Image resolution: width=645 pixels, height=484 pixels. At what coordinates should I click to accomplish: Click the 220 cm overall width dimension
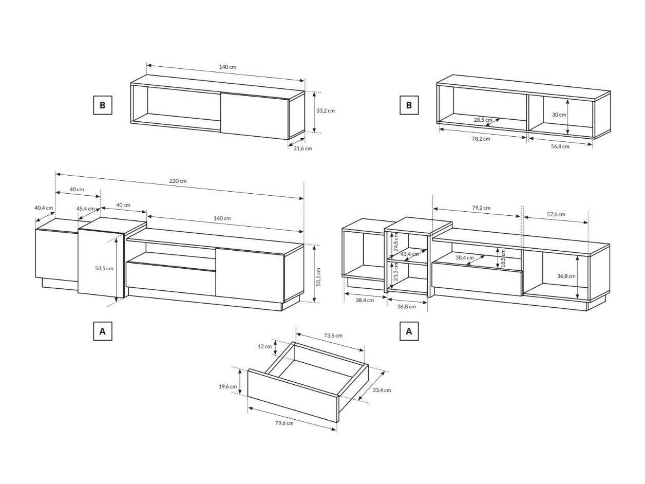[x=178, y=181]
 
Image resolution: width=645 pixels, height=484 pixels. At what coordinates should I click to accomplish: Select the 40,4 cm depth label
[x=44, y=208]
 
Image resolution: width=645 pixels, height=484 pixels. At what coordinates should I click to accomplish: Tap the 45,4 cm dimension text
[x=86, y=209]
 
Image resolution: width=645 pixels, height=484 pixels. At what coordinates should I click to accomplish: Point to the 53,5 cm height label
[x=104, y=268]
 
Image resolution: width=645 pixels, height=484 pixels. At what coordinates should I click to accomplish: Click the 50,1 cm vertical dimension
[x=318, y=277]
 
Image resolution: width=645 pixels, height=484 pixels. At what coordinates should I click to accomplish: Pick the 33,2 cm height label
[x=325, y=110]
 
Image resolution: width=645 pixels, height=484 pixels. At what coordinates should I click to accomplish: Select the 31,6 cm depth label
[x=302, y=148]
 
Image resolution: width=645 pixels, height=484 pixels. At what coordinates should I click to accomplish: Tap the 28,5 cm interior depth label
[x=482, y=120]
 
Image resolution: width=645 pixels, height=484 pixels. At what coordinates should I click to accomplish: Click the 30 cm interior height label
[x=558, y=115]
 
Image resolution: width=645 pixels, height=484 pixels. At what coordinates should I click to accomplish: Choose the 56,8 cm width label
[x=560, y=146]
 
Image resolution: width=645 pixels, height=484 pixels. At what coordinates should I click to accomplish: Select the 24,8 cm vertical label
[x=396, y=241]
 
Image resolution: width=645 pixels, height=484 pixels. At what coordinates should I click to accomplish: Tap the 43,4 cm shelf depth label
[x=409, y=254]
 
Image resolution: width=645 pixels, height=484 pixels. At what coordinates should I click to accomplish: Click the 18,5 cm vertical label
[x=503, y=258]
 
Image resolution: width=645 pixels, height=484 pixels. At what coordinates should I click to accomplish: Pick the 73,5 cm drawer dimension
[x=333, y=336]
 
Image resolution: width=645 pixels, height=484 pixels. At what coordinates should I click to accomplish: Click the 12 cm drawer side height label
[x=264, y=346]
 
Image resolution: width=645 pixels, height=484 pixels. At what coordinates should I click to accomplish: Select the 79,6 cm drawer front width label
[x=284, y=423]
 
